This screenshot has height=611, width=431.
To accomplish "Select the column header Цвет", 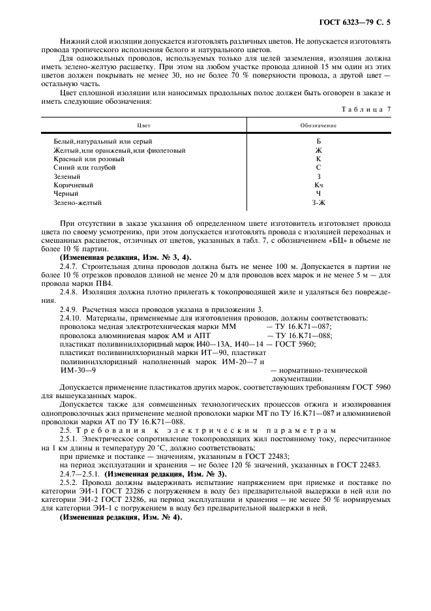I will [143, 125].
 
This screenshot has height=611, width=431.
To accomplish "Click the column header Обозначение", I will [318, 125].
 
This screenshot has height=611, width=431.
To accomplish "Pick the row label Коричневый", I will [69, 185].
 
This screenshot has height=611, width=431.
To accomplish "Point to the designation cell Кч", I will [319, 185].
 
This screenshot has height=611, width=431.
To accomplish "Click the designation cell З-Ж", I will [319, 203].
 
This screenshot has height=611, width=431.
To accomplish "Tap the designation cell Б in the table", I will [319, 141].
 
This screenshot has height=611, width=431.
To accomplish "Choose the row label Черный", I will [66, 194].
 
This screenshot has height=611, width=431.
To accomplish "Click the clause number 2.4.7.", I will [68, 265].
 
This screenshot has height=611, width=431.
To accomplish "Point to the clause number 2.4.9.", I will [68, 309].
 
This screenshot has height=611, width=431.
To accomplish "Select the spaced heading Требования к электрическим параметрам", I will [225, 431].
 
